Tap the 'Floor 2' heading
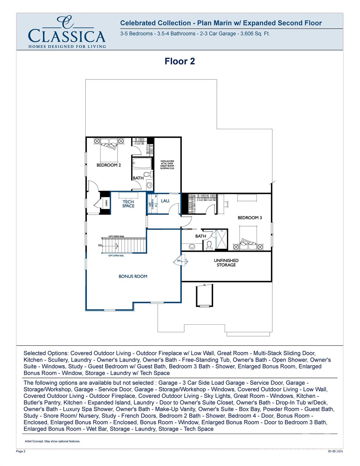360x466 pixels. click(180, 61)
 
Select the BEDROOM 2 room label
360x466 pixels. click(109, 165)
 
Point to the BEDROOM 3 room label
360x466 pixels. click(250, 218)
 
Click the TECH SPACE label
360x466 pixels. click(128, 204)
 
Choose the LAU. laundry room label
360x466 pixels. click(165, 201)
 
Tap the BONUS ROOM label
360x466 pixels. click(133, 276)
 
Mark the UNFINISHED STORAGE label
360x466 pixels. click(226, 263)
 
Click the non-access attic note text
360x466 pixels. click(167, 164)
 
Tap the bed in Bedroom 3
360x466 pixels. click(248, 240)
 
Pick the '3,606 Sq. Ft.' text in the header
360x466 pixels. click(255, 34)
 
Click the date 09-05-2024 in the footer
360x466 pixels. click(336, 451)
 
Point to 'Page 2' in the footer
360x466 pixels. click(21, 451)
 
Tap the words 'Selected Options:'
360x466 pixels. click(46, 353)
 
